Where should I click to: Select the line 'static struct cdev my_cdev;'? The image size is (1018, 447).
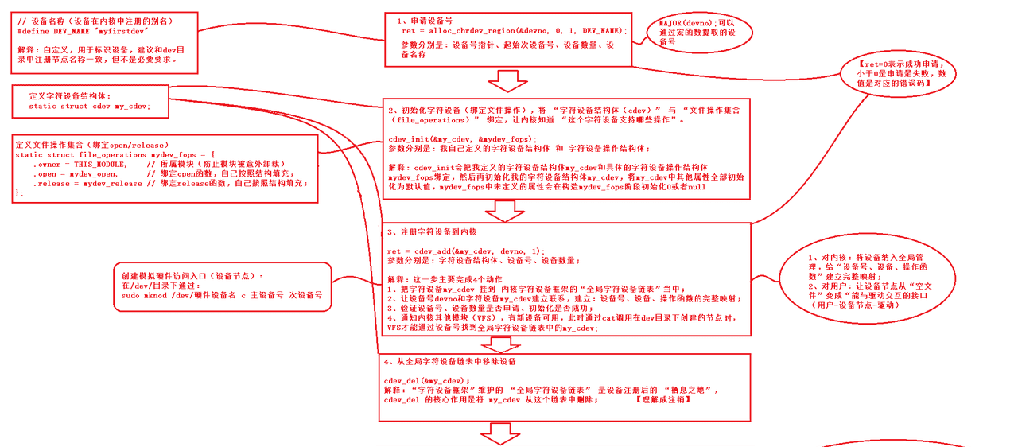click(89, 106)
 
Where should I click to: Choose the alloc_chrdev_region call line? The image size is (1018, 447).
click(514, 30)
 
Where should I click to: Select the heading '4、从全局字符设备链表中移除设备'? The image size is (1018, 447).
click(450, 362)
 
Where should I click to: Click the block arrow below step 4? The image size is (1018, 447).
click(500, 433)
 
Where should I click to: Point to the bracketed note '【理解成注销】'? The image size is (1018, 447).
click(664, 398)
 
